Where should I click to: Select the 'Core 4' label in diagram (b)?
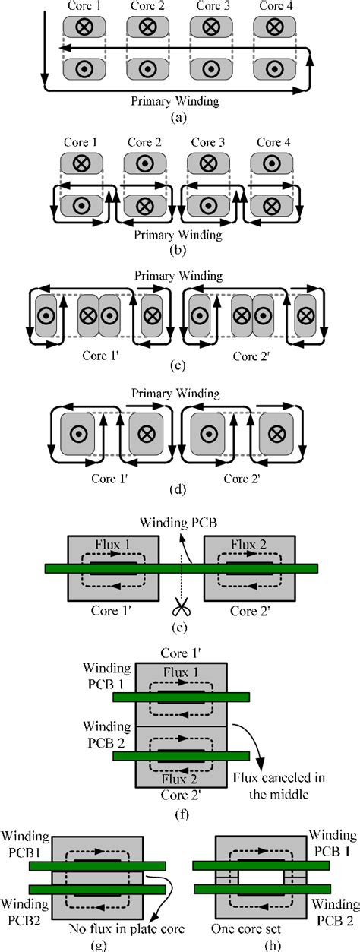273,142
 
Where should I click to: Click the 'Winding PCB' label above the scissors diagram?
178,522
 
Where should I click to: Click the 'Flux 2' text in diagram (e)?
249,545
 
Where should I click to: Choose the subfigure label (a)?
178,117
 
